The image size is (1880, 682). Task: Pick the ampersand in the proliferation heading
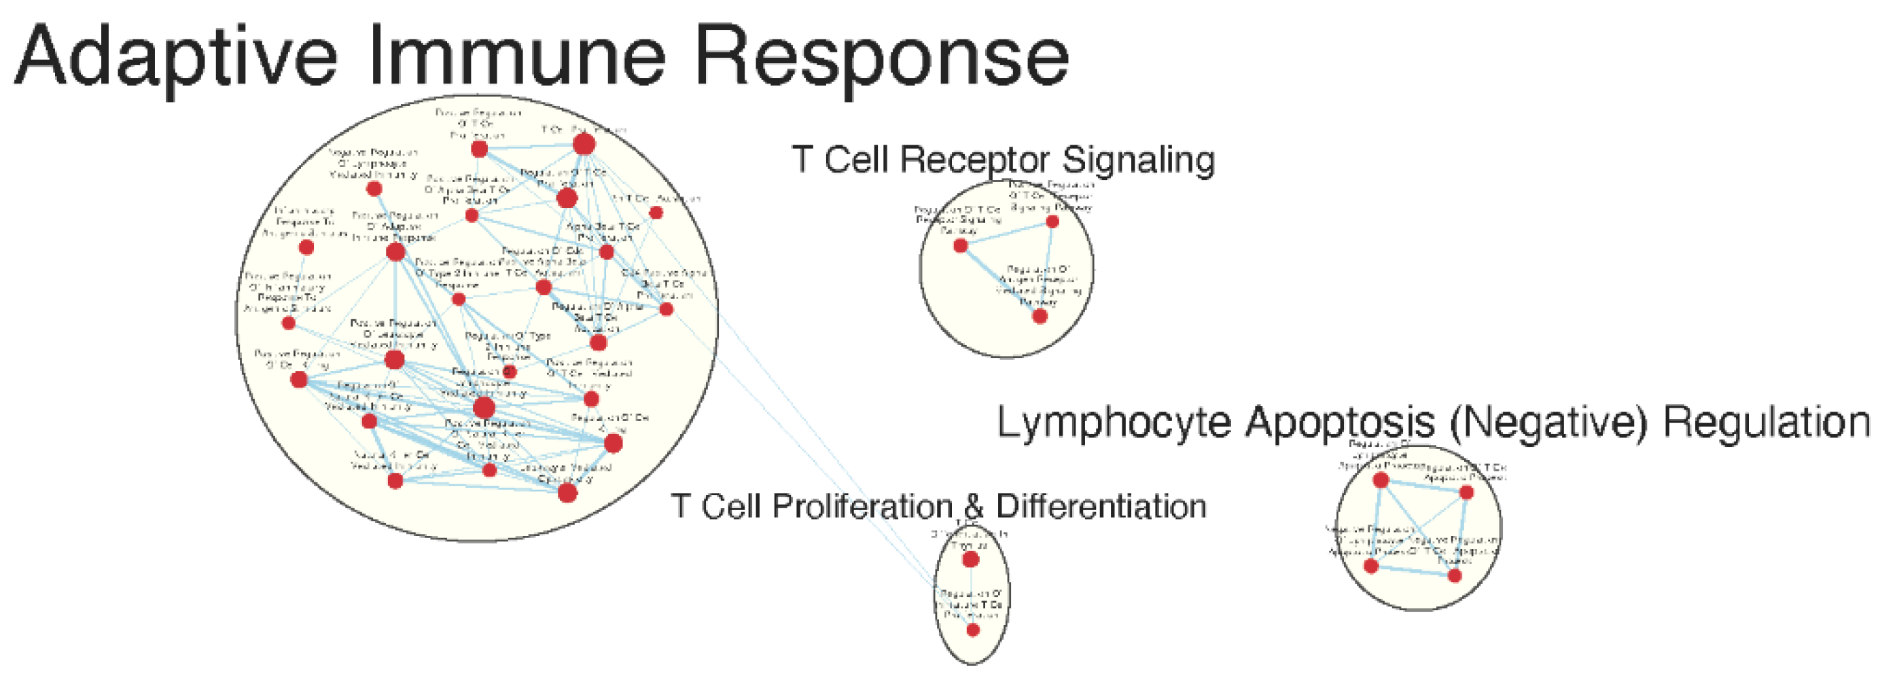pos(974,506)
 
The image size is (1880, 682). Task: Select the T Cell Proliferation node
pos(584,145)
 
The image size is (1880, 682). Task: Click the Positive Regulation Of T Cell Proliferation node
pos(479,149)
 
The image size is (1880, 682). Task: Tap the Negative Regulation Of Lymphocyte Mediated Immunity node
pos(374,189)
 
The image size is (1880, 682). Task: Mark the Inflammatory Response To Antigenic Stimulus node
pos(306,248)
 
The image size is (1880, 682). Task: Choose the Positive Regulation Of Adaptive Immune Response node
pos(395,253)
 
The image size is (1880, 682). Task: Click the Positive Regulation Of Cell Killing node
pos(299,379)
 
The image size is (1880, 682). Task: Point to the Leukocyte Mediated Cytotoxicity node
pos(568,493)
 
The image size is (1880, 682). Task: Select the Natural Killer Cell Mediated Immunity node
pos(395,481)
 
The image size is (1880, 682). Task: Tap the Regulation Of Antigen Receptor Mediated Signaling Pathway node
pos(1040,316)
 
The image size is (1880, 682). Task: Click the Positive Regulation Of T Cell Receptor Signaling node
pos(1052,221)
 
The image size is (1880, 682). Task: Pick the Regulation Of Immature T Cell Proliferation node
pos(973,630)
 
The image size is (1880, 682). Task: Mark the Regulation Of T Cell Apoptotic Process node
pos(1467,492)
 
